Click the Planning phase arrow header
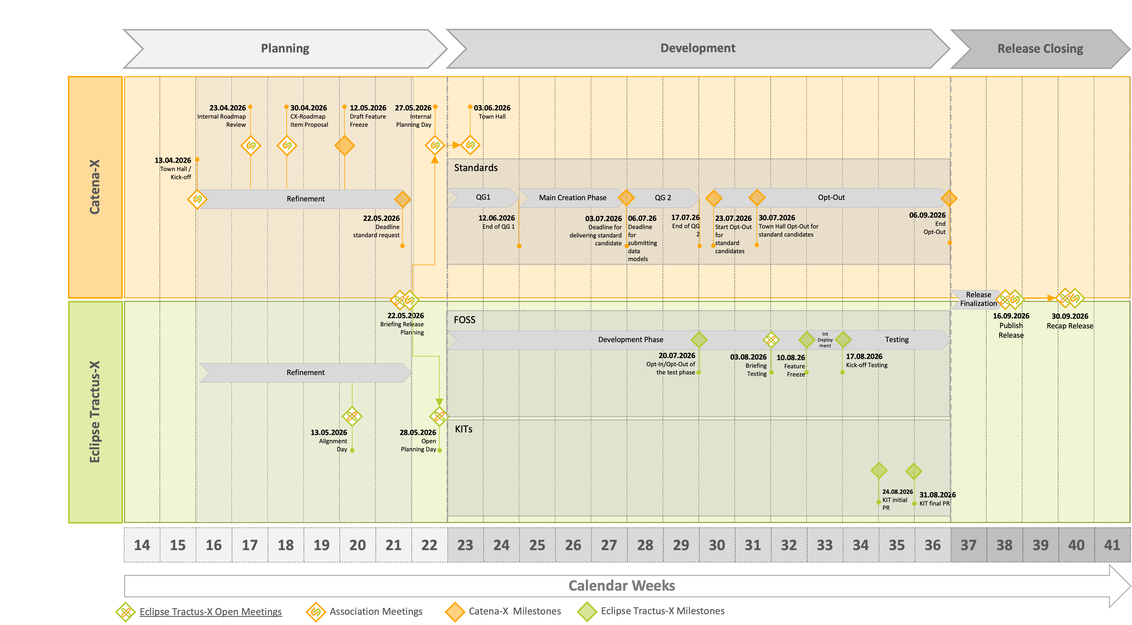pos(285,48)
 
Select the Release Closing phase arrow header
pos(1040,49)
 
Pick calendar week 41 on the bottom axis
pos(1112,545)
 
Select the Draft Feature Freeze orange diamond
pos(344,145)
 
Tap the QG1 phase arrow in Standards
pos(483,197)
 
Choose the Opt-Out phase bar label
pos(831,197)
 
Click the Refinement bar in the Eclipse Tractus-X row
pos(305,372)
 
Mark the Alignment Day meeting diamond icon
pos(352,416)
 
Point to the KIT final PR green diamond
pos(914,471)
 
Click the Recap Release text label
pos(1069,326)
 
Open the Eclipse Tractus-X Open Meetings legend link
pos(211,611)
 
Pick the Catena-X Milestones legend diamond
pos(455,611)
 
